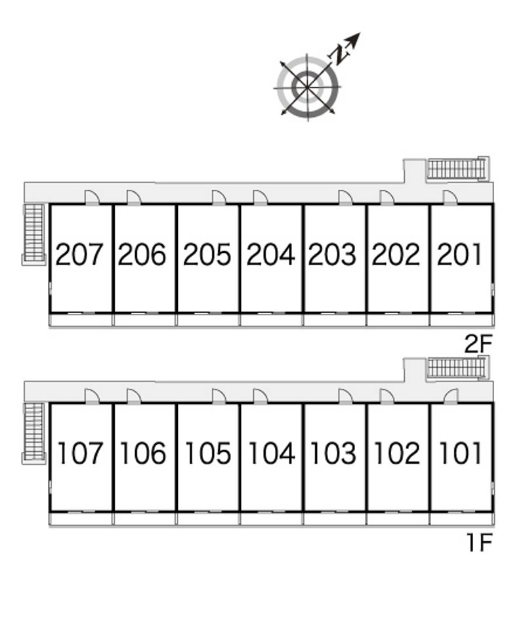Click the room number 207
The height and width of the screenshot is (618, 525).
click(79, 255)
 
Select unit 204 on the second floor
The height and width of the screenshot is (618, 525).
click(270, 255)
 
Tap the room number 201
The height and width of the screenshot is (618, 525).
click(459, 255)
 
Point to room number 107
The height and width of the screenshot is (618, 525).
click(80, 453)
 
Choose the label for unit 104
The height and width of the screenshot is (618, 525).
click(272, 453)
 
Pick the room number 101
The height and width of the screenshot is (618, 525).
click(460, 453)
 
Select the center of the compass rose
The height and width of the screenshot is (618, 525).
click(308, 87)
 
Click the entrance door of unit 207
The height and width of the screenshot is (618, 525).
click(92, 197)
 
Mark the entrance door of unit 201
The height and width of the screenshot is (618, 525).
click(450, 197)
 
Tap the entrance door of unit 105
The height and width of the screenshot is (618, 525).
click(219, 396)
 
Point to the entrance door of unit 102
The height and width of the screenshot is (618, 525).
click(387, 396)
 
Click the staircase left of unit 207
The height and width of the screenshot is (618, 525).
click(34, 233)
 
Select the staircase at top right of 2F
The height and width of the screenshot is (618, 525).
click(459, 169)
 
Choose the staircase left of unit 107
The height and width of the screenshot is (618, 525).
click(34, 432)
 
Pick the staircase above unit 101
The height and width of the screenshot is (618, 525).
click(459, 368)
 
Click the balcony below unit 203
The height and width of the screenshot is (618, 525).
click(335, 320)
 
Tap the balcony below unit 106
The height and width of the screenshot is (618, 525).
click(144, 519)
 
